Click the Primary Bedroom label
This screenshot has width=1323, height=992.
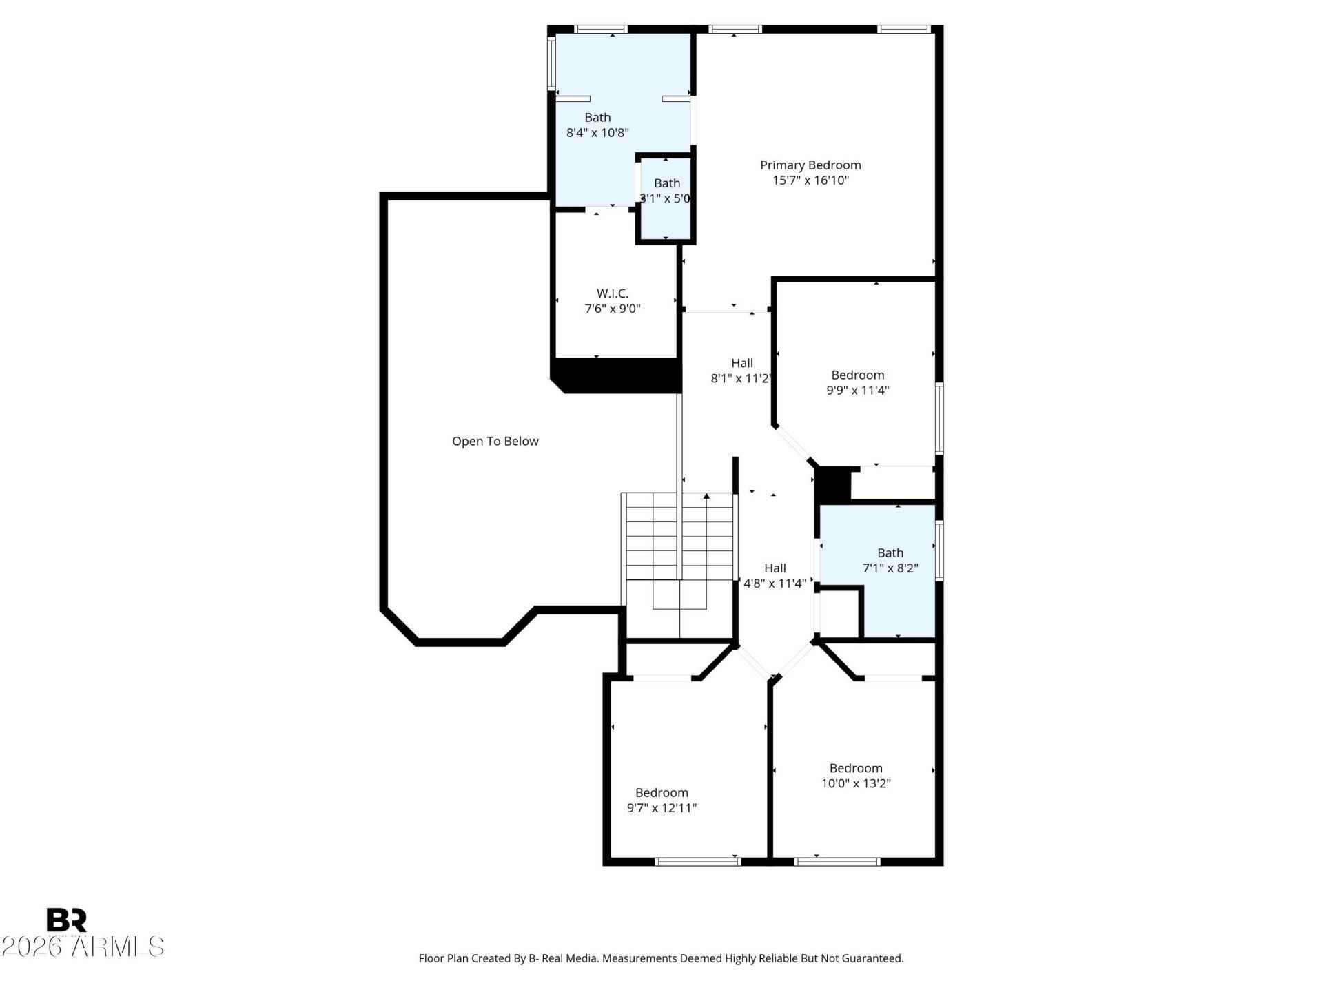click(810, 165)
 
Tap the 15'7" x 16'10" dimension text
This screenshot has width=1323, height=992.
click(810, 180)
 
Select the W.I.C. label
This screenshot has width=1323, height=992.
click(612, 293)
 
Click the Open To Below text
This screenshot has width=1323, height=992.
click(495, 442)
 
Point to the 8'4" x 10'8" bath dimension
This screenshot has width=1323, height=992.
click(597, 133)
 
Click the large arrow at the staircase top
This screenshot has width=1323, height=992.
click(706, 496)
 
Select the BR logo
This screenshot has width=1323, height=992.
click(66, 920)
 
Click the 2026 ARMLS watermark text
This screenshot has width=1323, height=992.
click(83, 947)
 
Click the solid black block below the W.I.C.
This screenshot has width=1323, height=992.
click(617, 375)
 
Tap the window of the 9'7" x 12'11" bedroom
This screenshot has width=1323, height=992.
click(697, 861)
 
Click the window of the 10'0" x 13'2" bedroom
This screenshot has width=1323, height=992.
click(837, 861)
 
